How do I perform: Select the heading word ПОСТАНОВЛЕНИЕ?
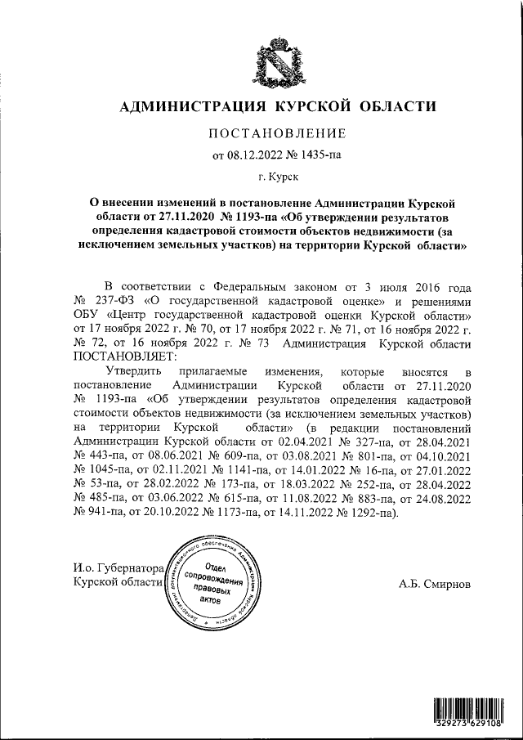tap(278, 132)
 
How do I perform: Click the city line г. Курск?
tap(278, 175)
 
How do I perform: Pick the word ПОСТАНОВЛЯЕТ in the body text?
tap(123, 357)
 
